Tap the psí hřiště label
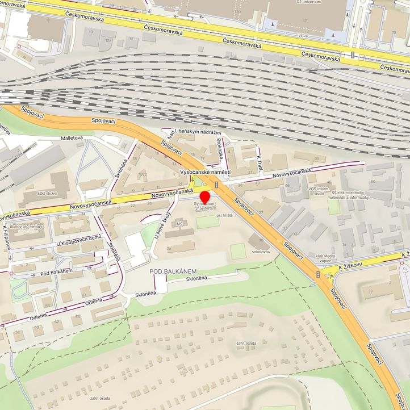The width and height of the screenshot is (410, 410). [225, 216]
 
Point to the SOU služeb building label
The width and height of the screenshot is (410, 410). [48, 194]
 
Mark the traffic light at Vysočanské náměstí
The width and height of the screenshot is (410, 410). [216, 185]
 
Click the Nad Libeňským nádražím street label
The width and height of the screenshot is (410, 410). [194, 133]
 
